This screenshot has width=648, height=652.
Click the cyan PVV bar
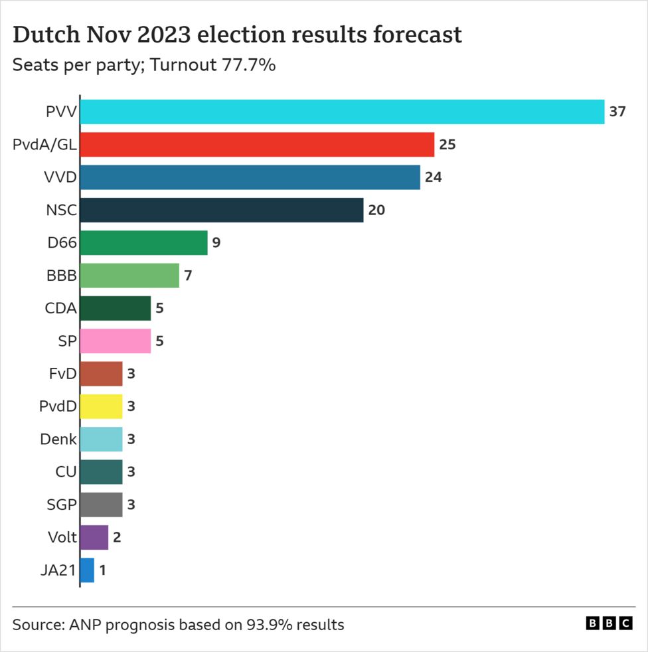coord(342,112)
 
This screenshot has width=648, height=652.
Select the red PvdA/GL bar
coord(257,145)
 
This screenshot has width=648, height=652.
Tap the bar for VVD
coord(250,177)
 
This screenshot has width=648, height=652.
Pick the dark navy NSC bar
coord(222,210)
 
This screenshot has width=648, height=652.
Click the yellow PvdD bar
coord(101,406)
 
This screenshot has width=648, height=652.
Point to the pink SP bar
coord(115,341)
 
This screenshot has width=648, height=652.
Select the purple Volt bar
coord(94,537)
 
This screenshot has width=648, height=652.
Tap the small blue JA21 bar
coord(87,570)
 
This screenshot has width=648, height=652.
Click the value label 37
coord(617,112)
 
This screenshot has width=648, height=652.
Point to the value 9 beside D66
coord(216,243)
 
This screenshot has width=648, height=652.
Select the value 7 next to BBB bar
coord(188,276)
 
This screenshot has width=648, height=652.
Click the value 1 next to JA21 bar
coord(103,570)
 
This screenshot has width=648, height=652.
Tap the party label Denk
coord(58,439)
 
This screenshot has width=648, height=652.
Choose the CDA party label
coord(60,308)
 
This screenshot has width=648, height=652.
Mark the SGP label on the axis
coord(60,505)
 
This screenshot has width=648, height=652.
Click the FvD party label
coord(62,374)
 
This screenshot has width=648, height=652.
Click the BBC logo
coord(609,623)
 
